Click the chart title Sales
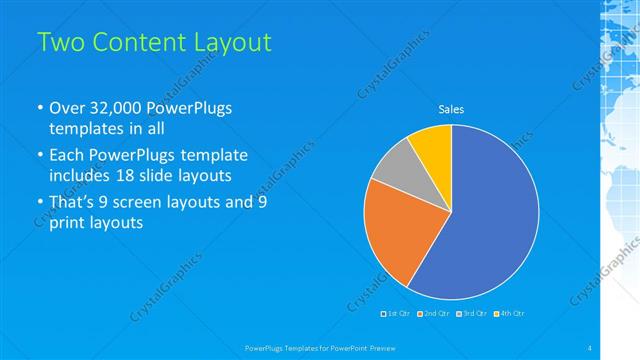click(451, 110)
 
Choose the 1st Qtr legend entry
click(397, 314)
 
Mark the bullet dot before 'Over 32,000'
click(39, 108)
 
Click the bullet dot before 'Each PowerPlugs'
click(39, 156)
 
